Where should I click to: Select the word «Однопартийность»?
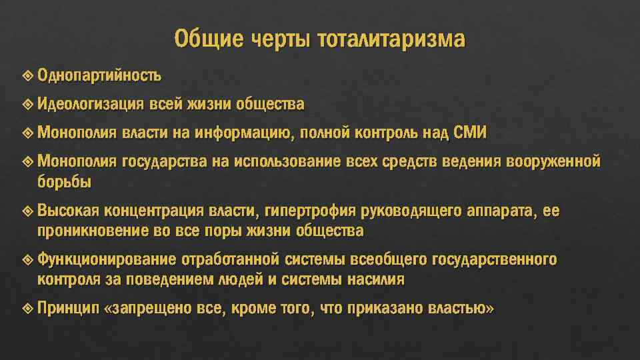99,75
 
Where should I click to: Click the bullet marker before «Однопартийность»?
27,75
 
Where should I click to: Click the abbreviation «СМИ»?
470,133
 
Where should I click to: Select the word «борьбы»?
65,182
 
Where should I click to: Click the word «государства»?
165,162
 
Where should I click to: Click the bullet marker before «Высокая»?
27,211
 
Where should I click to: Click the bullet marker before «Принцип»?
27,309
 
